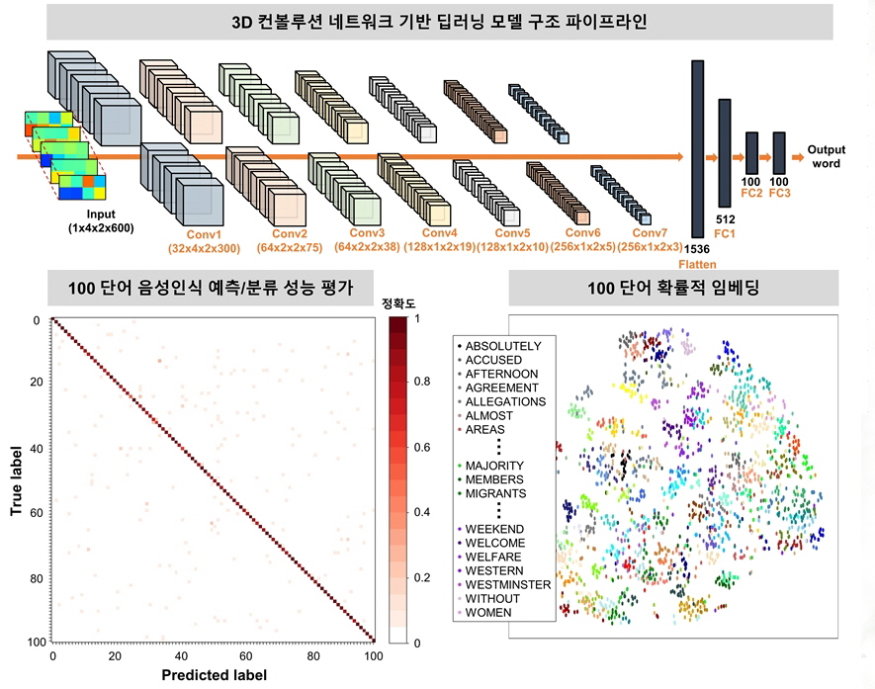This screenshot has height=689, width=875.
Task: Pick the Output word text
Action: click(x=826, y=156)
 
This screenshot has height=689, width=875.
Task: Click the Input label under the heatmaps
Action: click(x=100, y=215)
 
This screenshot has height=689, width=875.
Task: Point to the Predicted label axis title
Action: click(x=212, y=675)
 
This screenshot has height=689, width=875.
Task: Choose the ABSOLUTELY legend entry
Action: click(x=502, y=346)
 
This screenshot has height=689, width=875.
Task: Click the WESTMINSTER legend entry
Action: click(x=507, y=584)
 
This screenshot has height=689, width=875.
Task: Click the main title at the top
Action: click(x=437, y=21)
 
